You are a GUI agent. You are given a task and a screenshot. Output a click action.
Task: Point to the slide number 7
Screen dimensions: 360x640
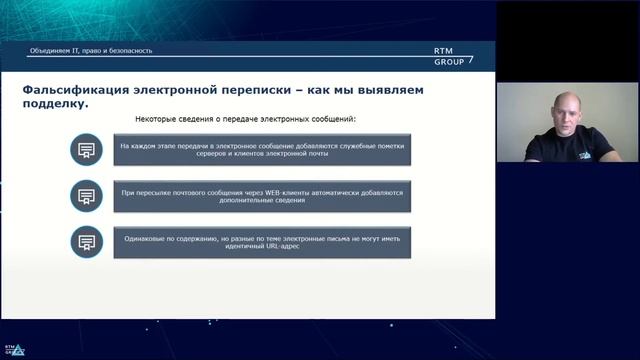(x=471, y=58)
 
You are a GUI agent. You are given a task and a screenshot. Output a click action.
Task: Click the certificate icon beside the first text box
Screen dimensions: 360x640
(x=87, y=150)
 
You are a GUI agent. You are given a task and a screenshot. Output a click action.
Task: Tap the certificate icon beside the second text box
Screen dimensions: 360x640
(x=87, y=195)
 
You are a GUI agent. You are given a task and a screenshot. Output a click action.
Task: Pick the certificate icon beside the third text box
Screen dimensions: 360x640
(x=87, y=241)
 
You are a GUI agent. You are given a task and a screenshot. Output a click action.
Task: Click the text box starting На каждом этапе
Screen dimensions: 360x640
(x=261, y=150)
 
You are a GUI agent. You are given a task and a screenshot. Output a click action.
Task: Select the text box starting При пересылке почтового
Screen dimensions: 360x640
(x=261, y=195)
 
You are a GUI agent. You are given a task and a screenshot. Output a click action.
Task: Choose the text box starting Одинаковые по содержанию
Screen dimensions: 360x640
(x=261, y=241)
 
